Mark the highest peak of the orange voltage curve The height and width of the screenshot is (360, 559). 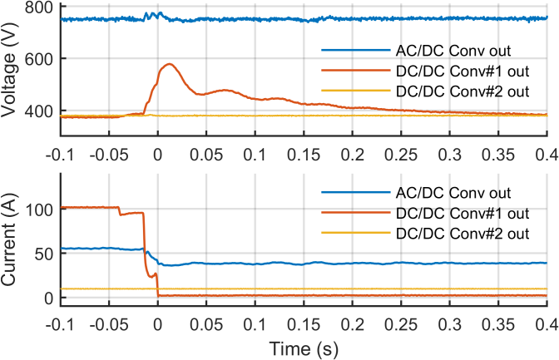[170, 64]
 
